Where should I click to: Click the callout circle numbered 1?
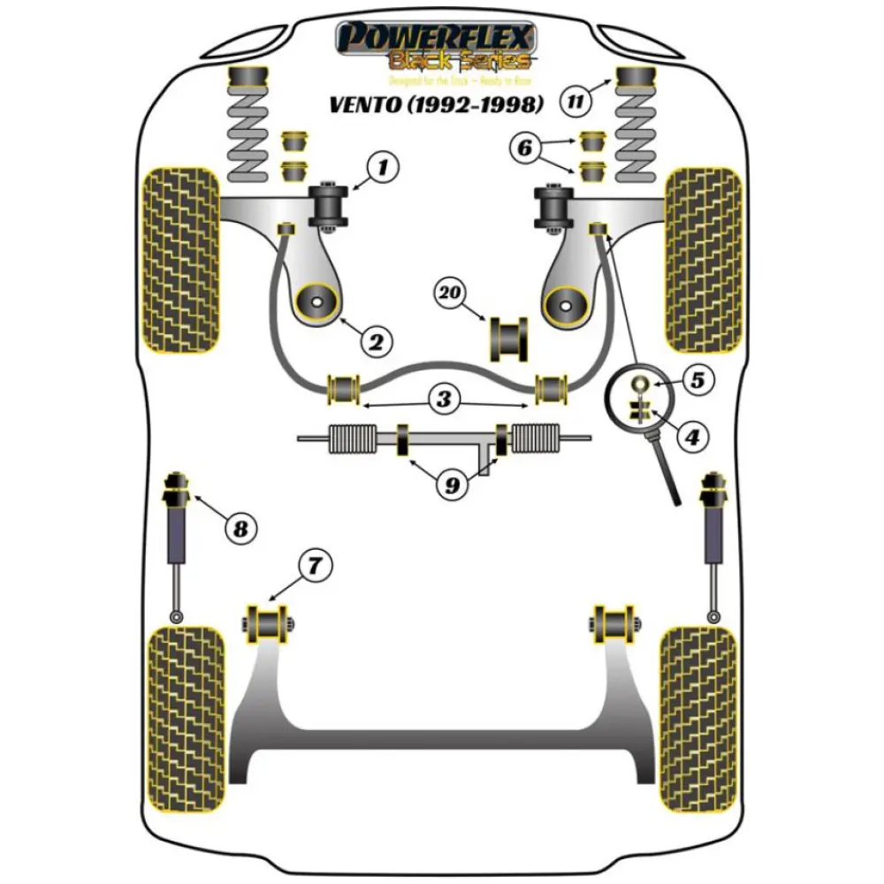click(x=383, y=166)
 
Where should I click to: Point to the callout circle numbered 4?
click(x=692, y=436)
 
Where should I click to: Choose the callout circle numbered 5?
click(x=697, y=381)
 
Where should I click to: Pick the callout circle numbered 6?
click(x=526, y=149)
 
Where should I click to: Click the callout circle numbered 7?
click(x=315, y=563)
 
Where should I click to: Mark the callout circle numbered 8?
click(x=240, y=529)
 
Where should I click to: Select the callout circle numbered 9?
click(x=451, y=484)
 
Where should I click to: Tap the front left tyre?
click(x=181, y=258)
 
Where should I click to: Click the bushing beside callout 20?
click(x=507, y=339)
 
